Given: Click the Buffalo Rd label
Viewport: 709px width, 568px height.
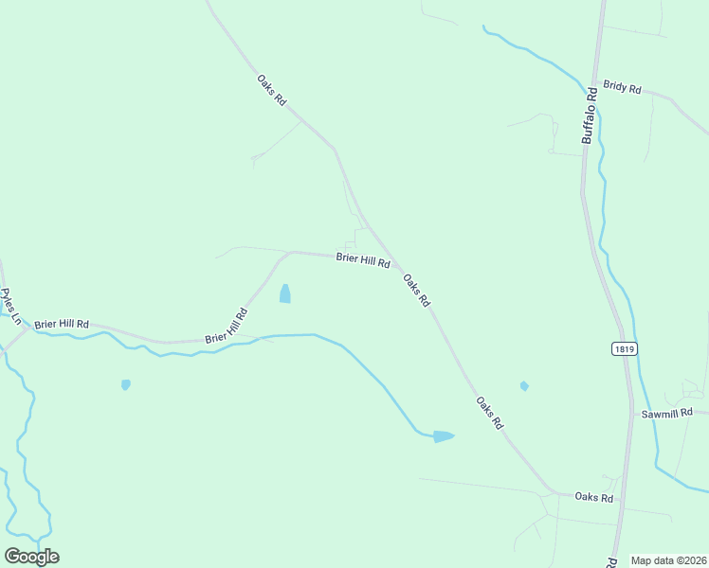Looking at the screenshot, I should tap(591, 115).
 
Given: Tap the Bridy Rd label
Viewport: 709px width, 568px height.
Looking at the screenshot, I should tap(622, 87).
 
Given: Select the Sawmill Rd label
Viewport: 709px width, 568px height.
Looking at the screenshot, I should tap(667, 413).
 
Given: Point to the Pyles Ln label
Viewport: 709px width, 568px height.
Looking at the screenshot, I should tap(10, 307).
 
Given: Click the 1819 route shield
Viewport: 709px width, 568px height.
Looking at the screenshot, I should tap(623, 349).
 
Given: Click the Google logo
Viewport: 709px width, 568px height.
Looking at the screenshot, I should tap(31, 557).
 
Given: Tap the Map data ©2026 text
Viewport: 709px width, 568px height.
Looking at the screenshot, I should tap(668, 560).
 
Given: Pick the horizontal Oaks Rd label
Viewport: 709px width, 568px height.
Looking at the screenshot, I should tap(594, 498).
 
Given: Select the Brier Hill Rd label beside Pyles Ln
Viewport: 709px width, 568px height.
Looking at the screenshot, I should tap(61, 324).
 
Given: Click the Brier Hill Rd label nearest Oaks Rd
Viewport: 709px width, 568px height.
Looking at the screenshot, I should tap(363, 259).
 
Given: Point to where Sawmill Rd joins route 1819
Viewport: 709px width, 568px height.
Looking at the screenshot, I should tap(632, 414).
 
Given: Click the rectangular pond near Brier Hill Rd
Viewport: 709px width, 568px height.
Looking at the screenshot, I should tap(284, 294).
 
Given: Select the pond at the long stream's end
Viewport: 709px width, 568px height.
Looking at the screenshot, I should tap(443, 436).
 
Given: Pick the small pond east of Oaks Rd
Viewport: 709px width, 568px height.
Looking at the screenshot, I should tap(524, 385).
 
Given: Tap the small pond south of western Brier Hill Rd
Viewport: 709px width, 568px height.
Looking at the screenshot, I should tap(125, 384).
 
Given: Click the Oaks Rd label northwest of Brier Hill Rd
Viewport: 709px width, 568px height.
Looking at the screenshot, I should tap(271, 90).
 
